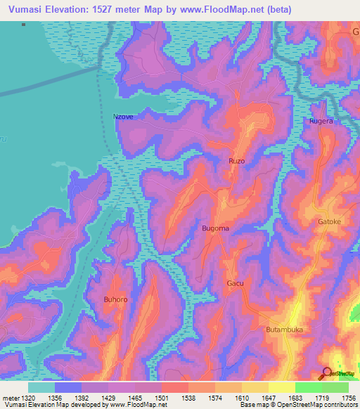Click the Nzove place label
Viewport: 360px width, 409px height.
(x=123, y=117)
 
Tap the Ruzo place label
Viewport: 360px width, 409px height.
(x=236, y=161)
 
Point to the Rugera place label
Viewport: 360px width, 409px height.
(x=321, y=121)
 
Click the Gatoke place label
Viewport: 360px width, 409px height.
(x=329, y=221)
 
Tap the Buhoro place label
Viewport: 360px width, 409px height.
(x=115, y=300)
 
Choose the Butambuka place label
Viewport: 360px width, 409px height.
(x=283, y=329)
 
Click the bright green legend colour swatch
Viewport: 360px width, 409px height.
(x=308, y=387)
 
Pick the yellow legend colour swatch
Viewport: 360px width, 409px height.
(x=281, y=387)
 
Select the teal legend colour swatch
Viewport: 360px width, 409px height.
(x=41, y=387)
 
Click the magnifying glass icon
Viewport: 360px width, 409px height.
(x=327, y=373)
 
